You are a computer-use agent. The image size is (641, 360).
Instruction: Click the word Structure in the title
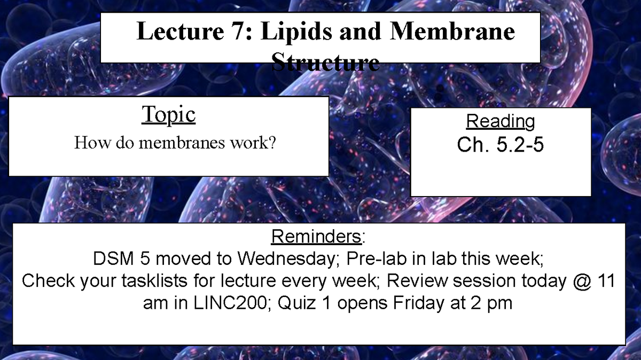325,63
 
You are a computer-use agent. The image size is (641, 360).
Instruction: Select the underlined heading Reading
501,121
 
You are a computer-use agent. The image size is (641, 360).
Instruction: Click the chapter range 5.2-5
520,145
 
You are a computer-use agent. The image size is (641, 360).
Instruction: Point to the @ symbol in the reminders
578,281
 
